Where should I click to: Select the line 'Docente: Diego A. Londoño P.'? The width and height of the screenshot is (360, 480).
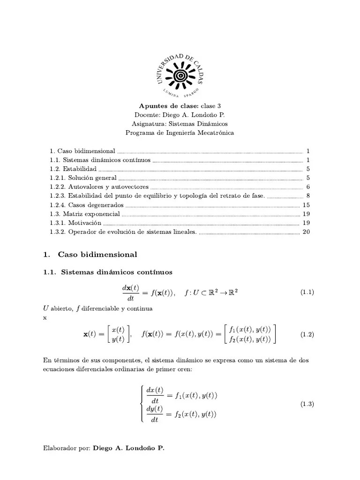click(180, 115)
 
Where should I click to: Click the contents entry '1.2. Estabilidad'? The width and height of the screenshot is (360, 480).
click(73, 169)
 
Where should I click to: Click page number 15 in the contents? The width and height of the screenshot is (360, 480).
click(307, 205)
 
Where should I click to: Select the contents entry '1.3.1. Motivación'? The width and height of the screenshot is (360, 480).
click(75, 223)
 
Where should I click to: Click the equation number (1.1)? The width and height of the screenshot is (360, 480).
click(307, 292)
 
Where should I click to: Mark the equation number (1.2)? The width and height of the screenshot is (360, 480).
click(307, 335)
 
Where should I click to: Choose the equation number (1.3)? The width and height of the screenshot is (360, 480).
click(307, 405)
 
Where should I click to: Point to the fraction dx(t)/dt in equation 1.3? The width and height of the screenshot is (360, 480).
click(155, 395)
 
